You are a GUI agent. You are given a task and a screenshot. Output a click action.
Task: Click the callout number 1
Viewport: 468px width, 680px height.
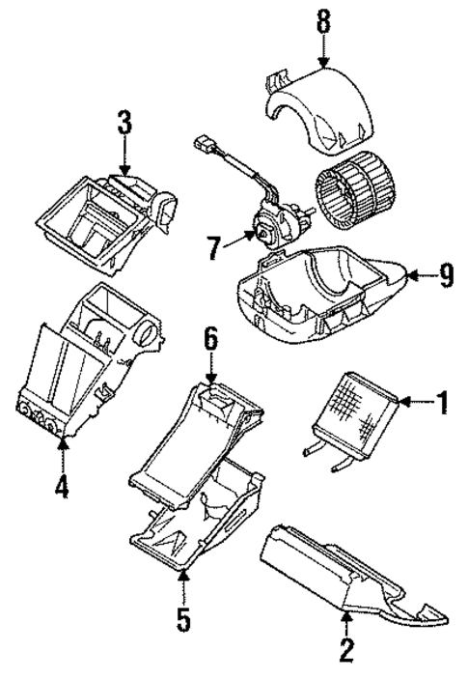(442, 401)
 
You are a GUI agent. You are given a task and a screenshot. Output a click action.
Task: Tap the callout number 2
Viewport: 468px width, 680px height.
(345, 653)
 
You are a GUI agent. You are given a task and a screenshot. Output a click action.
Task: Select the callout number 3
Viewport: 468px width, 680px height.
(124, 125)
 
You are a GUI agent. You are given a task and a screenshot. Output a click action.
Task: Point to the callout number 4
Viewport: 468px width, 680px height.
(62, 486)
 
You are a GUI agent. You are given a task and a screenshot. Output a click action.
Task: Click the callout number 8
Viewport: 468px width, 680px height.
(323, 19)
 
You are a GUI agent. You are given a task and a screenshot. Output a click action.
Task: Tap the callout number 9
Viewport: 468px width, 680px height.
(446, 277)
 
